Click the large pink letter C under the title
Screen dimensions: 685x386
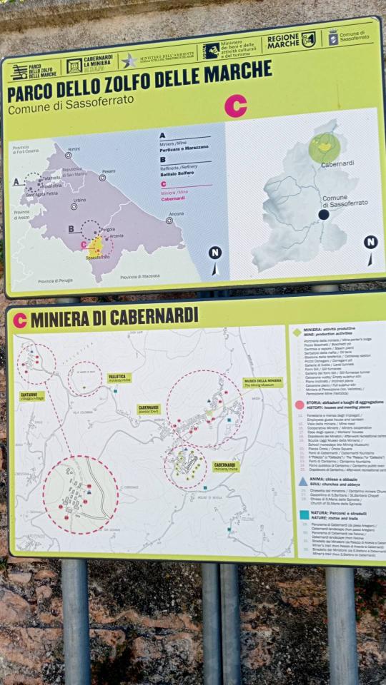235,106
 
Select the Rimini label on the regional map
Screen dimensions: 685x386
74,148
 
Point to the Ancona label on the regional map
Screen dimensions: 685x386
175,214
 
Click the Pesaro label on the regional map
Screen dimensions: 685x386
108,171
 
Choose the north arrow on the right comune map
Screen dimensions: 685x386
370,247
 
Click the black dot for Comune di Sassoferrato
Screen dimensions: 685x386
324,214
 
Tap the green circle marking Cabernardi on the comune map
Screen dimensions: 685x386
325,147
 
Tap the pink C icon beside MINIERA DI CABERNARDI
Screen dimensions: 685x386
19,320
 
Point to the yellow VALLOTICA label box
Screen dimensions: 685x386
118,378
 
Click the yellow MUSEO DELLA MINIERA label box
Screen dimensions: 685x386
262,382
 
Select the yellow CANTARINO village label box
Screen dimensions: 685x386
31,395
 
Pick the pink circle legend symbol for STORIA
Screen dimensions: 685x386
300,405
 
